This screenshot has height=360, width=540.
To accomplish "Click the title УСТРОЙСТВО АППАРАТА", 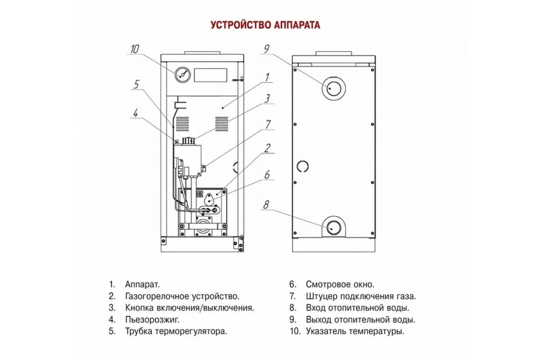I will tap(265, 25).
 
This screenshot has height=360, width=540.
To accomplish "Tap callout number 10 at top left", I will tap(135, 49).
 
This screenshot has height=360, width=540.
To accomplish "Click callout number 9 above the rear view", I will tap(266, 49).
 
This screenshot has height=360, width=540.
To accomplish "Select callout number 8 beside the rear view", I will tap(266, 205).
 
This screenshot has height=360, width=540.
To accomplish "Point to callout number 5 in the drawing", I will tap(137, 84).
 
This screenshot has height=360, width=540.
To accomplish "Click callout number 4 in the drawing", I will tap(135, 113).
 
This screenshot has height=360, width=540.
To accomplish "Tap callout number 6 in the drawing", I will tap(267, 175).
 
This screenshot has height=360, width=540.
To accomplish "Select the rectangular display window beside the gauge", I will tap(210, 75).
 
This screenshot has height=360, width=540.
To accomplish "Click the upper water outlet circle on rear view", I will tap(333, 88).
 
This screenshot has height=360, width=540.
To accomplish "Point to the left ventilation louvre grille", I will tap(182, 122).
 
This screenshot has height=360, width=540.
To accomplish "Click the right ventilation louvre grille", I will tap(221, 122).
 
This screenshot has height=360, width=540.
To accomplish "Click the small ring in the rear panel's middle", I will tap(302, 166).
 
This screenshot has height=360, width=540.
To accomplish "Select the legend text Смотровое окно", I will tap(340, 284).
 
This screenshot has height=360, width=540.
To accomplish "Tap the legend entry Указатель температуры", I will tap(355, 332).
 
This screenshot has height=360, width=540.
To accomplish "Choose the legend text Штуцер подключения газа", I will tap(361, 296).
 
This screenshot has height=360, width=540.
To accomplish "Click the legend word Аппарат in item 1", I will tap(142, 284).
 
